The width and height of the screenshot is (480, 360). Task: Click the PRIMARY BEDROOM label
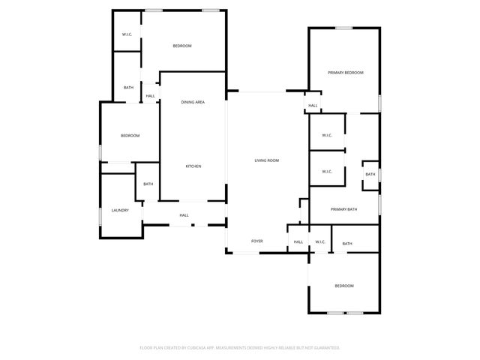click(x=345, y=73)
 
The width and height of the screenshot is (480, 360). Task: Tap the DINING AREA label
click(x=193, y=102)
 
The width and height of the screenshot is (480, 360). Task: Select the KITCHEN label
click(x=193, y=166)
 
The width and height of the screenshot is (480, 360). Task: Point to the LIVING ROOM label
click(x=266, y=160)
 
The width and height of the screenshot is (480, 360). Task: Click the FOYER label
click(x=256, y=241)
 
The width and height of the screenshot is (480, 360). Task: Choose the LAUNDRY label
click(x=120, y=210)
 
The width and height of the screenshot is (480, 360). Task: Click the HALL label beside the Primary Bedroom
click(x=313, y=106)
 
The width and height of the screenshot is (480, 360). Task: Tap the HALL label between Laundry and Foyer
click(x=184, y=215)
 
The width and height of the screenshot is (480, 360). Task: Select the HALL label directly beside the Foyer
click(x=298, y=241)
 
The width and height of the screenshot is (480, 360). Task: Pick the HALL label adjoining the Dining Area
click(x=150, y=96)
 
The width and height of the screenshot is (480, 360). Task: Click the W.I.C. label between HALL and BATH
click(x=319, y=241)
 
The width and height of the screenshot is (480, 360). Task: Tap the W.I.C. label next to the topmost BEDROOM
click(x=127, y=35)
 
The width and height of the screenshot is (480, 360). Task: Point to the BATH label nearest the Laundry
click(x=148, y=184)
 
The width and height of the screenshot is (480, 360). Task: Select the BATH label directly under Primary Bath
click(x=347, y=244)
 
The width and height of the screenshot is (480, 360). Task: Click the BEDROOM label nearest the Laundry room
click(x=130, y=136)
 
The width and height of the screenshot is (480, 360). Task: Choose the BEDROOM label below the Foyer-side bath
click(x=343, y=286)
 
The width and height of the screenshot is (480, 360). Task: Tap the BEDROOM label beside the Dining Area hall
click(x=182, y=46)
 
